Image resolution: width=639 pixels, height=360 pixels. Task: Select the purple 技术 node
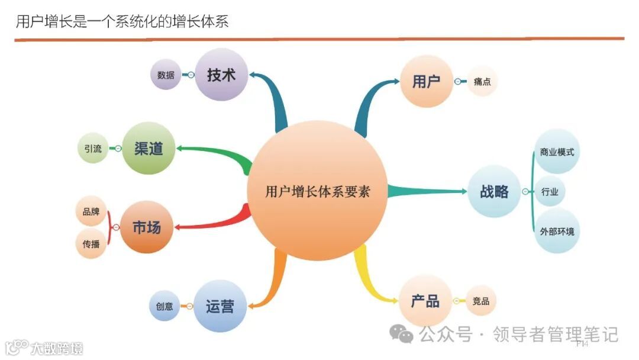(221, 75)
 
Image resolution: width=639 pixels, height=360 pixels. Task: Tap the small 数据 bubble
(166, 75)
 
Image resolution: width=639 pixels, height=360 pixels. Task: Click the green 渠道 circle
(149, 148)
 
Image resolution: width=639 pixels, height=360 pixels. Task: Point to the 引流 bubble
(93, 149)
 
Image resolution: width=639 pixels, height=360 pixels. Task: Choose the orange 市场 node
(146, 227)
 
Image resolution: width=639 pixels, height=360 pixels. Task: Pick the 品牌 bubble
(91, 212)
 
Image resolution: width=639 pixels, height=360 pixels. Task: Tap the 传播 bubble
(91, 243)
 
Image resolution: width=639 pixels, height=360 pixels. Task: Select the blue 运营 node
(220, 306)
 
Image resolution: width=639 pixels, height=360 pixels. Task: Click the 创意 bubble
(164, 306)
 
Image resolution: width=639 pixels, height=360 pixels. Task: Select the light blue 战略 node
(494, 191)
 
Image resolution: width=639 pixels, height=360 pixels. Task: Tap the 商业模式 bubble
(556, 152)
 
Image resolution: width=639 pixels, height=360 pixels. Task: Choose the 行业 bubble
(550, 192)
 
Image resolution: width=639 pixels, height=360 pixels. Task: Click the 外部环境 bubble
(556, 231)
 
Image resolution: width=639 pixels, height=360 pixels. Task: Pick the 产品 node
(425, 301)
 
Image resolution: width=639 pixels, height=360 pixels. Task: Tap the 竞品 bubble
(481, 301)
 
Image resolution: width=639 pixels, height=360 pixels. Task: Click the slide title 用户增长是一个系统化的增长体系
(122, 22)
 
